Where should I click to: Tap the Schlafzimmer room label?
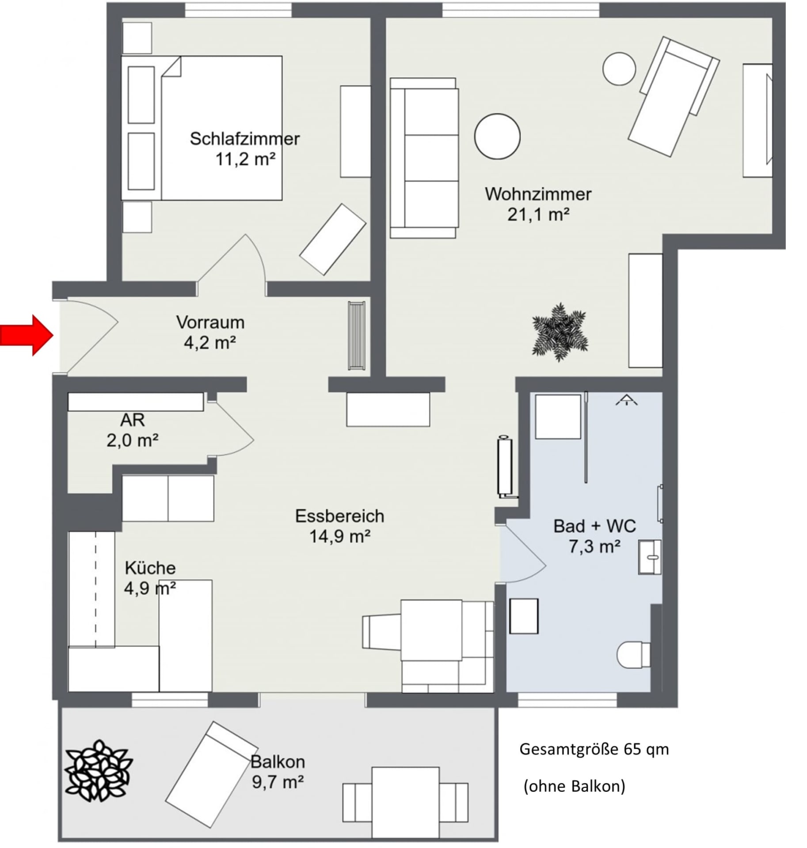[x=245, y=139]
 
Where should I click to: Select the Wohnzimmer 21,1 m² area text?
[x=538, y=215]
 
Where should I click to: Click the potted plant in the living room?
[x=560, y=331]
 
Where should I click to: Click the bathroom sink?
[x=650, y=557]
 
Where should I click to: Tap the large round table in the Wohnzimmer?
[x=497, y=136]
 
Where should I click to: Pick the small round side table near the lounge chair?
[x=619, y=68]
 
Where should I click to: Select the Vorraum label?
[x=210, y=322]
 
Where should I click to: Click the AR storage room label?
[x=133, y=420]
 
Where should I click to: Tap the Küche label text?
[x=150, y=568]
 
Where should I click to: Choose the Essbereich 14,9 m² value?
[x=340, y=537]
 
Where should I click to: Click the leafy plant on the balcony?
[x=99, y=771]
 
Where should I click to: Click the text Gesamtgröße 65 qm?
[x=594, y=750]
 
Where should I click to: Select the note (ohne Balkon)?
[x=575, y=786]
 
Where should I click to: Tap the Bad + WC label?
[x=595, y=526]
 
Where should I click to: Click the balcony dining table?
[x=406, y=802]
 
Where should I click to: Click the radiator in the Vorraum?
[x=357, y=335]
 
